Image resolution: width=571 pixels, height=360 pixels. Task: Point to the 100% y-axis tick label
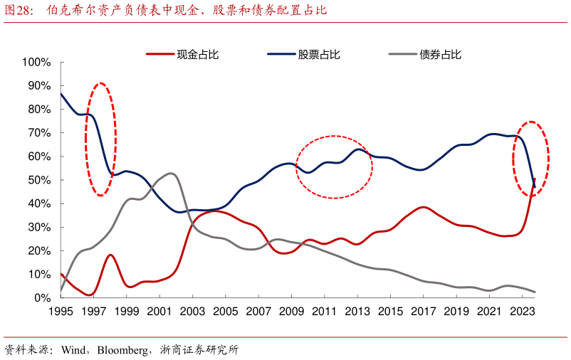36,62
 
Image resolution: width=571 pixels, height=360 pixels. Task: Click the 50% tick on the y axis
39,180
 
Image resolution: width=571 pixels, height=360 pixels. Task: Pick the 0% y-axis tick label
42,297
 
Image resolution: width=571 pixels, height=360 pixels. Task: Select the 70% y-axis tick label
39,133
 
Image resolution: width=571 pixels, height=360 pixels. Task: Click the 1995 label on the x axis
61,311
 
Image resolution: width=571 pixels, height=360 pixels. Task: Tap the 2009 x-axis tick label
291,311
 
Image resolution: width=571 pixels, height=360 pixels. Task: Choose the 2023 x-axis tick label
521,311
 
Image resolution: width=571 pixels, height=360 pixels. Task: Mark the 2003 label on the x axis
192,311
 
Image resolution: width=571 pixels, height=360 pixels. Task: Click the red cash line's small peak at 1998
110,255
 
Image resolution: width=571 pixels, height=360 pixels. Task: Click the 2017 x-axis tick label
423,311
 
